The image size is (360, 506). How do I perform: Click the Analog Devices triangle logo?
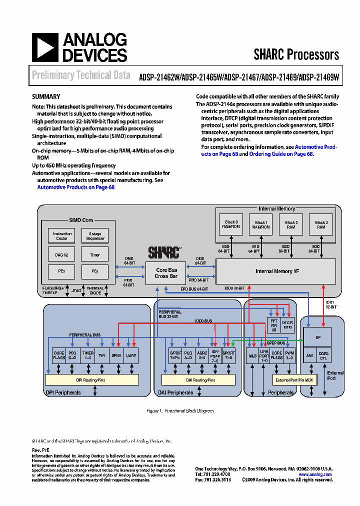(x=44, y=47)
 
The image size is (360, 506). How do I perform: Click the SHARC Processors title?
(x=296, y=54)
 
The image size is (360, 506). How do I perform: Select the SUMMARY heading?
(x=46, y=97)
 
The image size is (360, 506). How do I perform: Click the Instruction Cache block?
(x=62, y=236)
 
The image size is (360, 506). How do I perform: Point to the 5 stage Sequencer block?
(x=95, y=236)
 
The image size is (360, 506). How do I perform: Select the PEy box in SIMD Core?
(x=95, y=271)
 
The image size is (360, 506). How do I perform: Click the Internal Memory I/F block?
(x=275, y=271)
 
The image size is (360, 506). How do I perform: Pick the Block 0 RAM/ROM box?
(x=231, y=224)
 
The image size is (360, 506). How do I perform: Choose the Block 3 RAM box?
(x=321, y=224)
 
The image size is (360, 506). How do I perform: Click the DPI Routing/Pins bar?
(x=92, y=380)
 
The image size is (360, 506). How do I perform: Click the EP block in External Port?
(x=317, y=337)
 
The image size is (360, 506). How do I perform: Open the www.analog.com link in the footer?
(x=315, y=474)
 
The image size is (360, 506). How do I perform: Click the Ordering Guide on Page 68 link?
(x=280, y=154)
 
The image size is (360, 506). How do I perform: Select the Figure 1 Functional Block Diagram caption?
(x=179, y=410)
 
